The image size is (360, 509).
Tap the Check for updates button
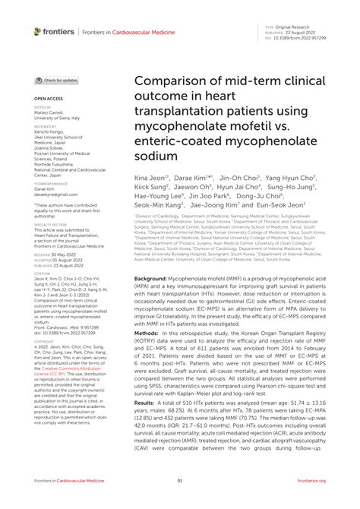[56, 80]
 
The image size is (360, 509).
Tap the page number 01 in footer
[180, 481]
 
